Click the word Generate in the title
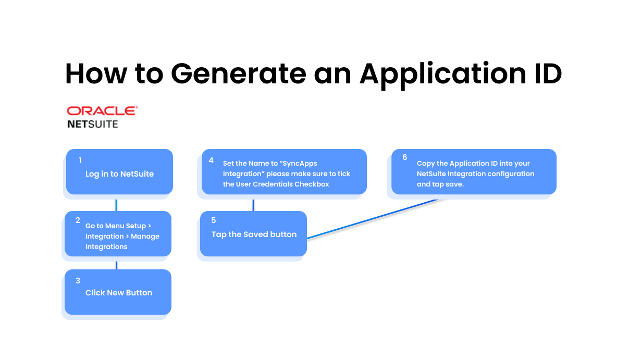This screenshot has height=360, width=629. (x=238, y=73)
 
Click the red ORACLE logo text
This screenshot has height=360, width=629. (x=102, y=111)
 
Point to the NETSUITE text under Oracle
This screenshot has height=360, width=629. (x=93, y=124)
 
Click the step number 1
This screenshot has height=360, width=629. (x=80, y=160)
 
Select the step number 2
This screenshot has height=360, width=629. (x=78, y=220)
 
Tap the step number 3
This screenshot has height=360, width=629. (x=78, y=280)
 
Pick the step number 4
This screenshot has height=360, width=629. (x=211, y=160)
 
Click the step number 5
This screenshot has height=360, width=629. (x=214, y=220)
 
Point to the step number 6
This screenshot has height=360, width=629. (x=404, y=157)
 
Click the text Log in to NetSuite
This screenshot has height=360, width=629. (x=120, y=174)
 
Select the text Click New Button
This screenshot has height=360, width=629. (x=119, y=293)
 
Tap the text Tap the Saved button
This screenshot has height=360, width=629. (x=254, y=234)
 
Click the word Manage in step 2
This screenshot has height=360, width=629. (x=145, y=237)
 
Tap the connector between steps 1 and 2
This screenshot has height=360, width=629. (x=116, y=205)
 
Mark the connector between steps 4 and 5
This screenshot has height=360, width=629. (x=253, y=205)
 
